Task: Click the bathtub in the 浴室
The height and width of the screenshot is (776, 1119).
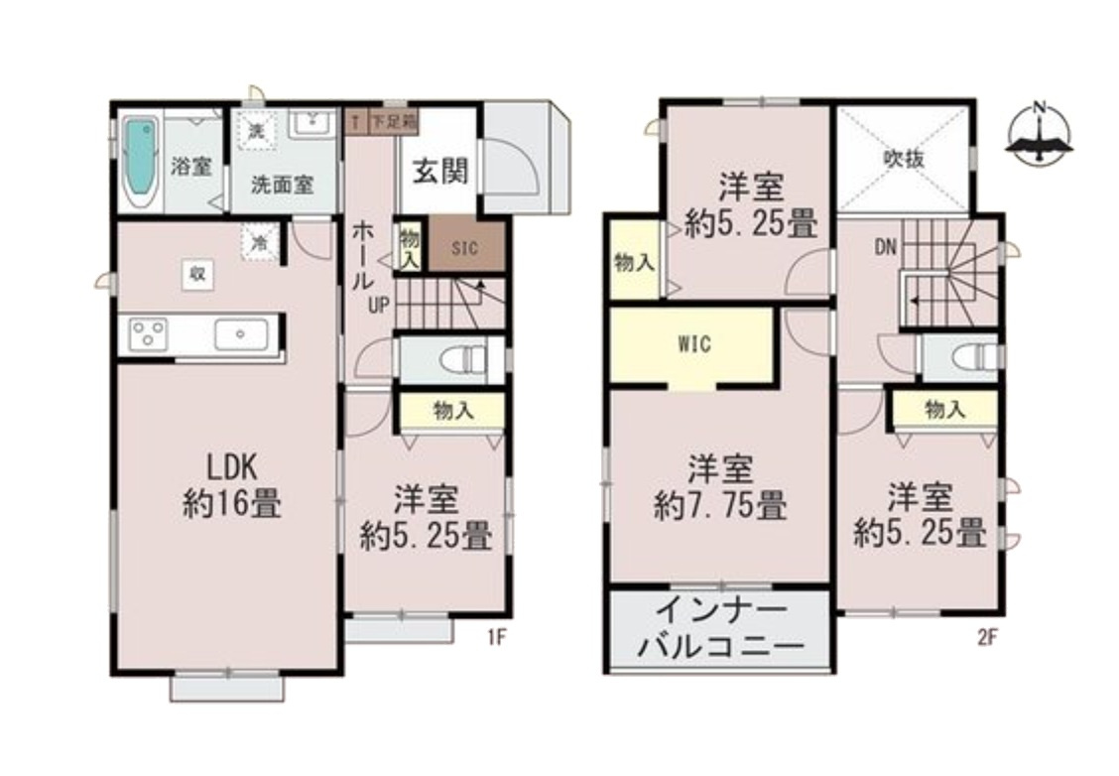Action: [x=141, y=163]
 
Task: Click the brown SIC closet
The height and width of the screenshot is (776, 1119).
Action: [x=465, y=248]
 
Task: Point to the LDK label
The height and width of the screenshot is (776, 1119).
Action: [x=231, y=465]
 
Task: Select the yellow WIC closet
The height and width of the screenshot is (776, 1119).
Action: [x=693, y=345]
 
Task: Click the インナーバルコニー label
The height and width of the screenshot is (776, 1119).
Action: [x=719, y=630]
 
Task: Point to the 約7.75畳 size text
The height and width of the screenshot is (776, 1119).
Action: [x=720, y=507]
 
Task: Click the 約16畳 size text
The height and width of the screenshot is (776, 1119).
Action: [x=231, y=504]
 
